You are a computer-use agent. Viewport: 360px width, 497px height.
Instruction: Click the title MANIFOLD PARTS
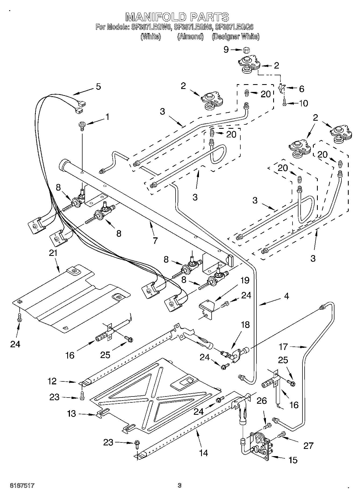177,17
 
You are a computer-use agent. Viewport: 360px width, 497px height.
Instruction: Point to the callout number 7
155,240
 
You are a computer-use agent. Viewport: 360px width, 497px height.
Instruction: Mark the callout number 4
287,296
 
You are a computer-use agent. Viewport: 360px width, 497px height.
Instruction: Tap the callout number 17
283,347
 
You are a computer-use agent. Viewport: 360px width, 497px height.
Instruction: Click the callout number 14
204,453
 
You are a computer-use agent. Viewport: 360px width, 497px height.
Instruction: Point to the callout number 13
72,413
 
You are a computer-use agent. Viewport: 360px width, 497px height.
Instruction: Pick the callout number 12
52,381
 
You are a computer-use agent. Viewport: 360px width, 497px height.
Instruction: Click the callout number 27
308,446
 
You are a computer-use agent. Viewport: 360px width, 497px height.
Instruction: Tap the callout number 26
262,401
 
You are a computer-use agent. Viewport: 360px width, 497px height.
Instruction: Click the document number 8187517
22,485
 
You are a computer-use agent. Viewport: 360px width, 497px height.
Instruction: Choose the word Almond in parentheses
190,37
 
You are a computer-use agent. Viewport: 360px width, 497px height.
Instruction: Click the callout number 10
304,103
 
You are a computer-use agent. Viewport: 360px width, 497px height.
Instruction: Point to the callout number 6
302,89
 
